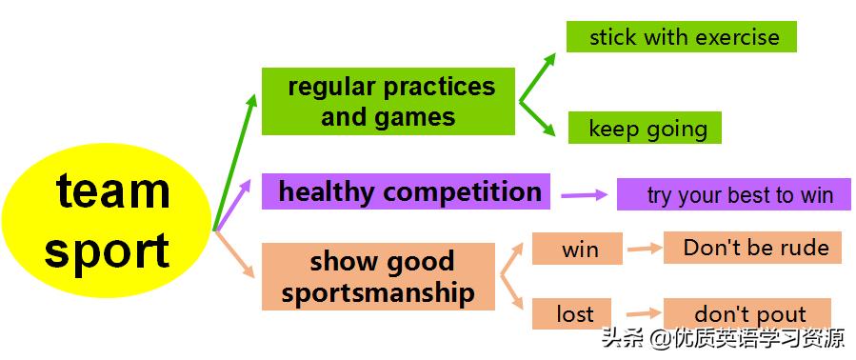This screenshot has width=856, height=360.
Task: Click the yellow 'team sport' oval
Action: (107, 221)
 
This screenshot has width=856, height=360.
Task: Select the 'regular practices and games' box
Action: (388, 101)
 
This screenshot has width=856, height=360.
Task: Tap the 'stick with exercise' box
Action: (681, 37)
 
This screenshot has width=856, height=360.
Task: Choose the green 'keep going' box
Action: (645, 129)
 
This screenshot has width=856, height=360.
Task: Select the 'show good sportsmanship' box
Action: (378, 276)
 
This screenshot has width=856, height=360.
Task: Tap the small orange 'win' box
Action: (577, 250)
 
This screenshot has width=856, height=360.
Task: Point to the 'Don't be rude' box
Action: (752, 248)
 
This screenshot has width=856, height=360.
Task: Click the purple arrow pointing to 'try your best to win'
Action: (584, 195)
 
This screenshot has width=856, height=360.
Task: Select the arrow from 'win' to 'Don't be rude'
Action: (644, 250)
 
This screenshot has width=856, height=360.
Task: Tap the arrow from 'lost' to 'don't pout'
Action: (637, 312)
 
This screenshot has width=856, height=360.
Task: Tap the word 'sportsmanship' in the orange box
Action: (378, 291)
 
